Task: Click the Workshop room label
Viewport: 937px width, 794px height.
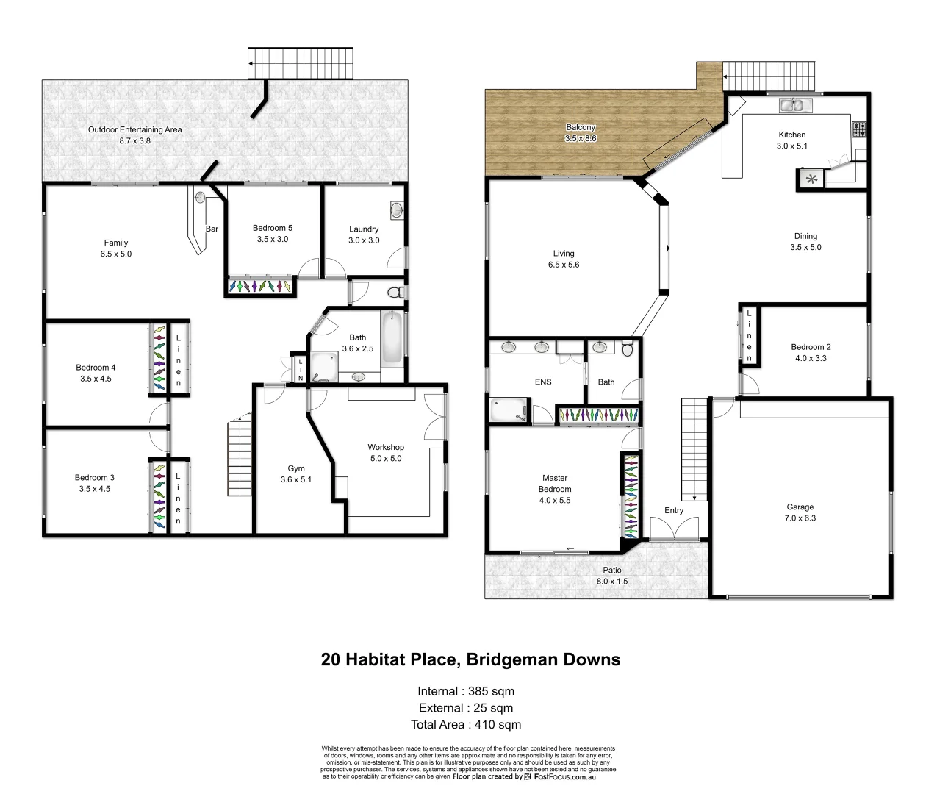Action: [x=386, y=448]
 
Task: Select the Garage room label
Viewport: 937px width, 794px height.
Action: [x=800, y=507]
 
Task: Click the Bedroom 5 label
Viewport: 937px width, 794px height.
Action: [x=272, y=228]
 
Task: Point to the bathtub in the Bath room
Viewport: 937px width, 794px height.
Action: [x=392, y=338]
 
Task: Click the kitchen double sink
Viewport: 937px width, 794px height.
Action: [x=792, y=105]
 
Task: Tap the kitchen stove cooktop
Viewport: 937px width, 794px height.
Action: [x=859, y=129]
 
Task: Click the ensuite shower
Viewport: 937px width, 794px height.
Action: [x=508, y=409]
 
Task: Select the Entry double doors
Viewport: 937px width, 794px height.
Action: [x=674, y=529]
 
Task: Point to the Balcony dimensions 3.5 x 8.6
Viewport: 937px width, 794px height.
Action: [x=581, y=138]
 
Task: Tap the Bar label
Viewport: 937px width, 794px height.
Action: [x=212, y=229]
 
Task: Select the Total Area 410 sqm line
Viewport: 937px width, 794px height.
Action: [x=466, y=725]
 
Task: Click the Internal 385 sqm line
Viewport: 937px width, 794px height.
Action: [x=466, y=691]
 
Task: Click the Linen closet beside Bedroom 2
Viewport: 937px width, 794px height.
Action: [x=749, y=335]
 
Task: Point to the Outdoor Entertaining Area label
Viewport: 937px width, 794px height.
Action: [x=135, y=129]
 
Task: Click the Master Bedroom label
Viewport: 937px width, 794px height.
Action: [x=555, y=484]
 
